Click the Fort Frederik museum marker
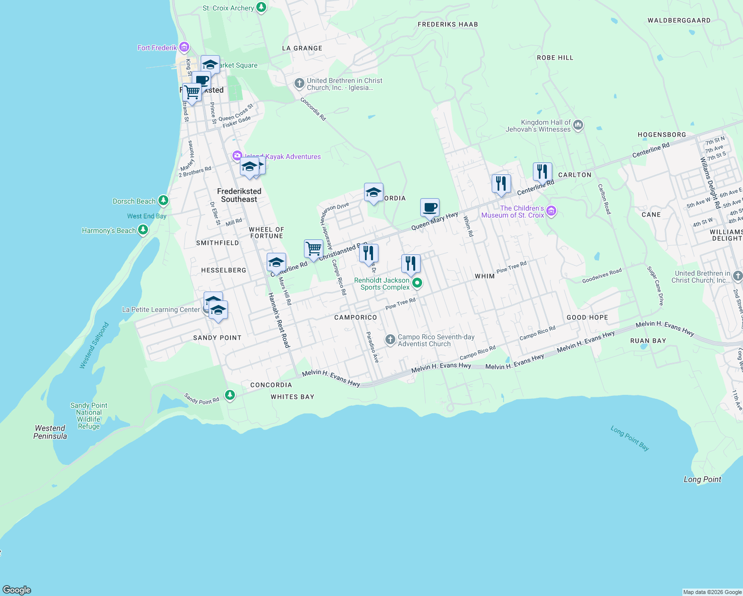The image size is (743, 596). pyautogui.click(x=184, y=48)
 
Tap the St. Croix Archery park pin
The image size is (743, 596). pyautogui.click(x=261, y=8)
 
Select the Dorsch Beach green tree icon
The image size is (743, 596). pyautogui.click(x=163, y=201)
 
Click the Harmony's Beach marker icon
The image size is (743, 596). pyautogui.click(x=143, y=230)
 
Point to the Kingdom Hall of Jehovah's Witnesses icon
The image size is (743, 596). pyautogui.click(x=578, y=125)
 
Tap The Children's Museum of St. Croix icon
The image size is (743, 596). pyautogui.click(x=551, y=212)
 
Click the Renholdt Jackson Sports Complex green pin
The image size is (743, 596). pyautogui.click(x=417, y=283)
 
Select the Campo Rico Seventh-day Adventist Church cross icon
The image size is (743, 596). pyautogui.click(x=390, y=340)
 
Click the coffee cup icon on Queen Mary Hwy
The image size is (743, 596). pyautogui.click(x=430, y=208)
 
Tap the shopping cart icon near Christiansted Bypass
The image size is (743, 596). pyautogui.click(x=313, y=249)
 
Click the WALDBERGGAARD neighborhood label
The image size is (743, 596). pyautogui.click(x=679, y=20)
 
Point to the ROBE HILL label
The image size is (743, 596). pyautogui.click(x=555, y=58)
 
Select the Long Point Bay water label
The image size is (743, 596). pyautogui.click(x=630, y=438)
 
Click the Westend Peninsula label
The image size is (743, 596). pyautogui.click(x=50, y=432)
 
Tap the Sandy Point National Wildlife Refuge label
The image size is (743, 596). pyautogui.click(x=89, y=416)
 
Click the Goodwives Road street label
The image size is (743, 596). pyautogui.click(x=602, y=276)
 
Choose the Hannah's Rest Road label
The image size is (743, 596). pyautogui.click(x=279, y=320)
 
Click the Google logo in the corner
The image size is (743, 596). pyautogui.click(x=17, y=590)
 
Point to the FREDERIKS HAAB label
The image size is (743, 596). pyautogui.click(x=447, y=24)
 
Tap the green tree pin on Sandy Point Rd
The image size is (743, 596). pyautogui.click(x=229, y=395)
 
